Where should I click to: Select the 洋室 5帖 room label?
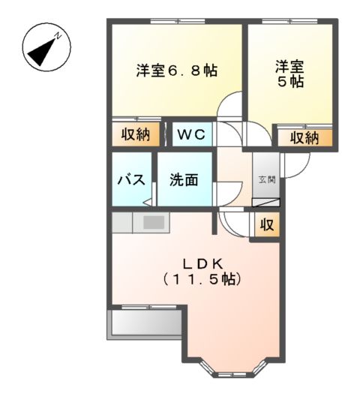[289, 73]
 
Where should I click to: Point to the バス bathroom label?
[130, 180]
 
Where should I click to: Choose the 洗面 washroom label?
[183, 180]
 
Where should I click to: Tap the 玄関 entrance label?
[266, 179]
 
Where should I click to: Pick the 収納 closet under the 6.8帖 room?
[136, 135]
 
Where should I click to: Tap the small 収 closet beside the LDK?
[267, 224]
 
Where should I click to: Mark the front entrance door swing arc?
[297, 167]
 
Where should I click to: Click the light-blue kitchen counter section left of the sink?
[123, 222]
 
